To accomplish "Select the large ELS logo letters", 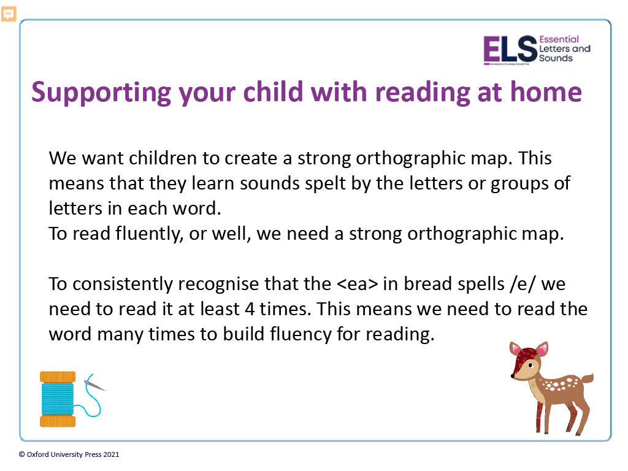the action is pos(510,49).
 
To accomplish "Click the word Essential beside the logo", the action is pos(559,39).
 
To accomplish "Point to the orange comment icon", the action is pos(9,15).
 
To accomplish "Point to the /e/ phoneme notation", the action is pos(523,284).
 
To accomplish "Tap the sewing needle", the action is pos(94,385).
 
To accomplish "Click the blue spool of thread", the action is pos(58,399).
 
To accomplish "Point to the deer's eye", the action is pos(530,366).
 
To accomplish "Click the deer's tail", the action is pos(586,378).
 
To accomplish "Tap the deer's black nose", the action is pos(512,376).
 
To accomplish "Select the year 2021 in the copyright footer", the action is pos(111,454).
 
